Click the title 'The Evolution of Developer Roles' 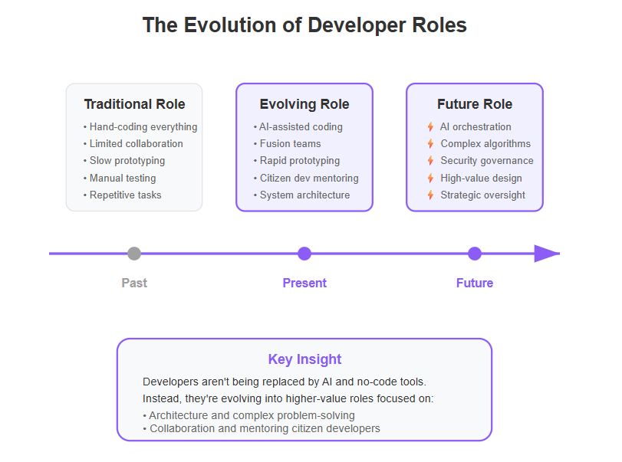point(304,25)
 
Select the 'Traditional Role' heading point(134,104)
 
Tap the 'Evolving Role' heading point(304,104)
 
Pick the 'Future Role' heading point(475,104)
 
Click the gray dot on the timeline point(134,254)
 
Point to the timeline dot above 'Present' point(304,254)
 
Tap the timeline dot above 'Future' point(475,254)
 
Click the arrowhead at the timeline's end point(547,254)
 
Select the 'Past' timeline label point(134,283)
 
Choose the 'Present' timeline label point(304,283)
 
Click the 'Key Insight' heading point(304,359)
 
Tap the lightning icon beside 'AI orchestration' point(430,126)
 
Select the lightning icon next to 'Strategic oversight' point(430,195)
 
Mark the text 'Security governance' point(487,161)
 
